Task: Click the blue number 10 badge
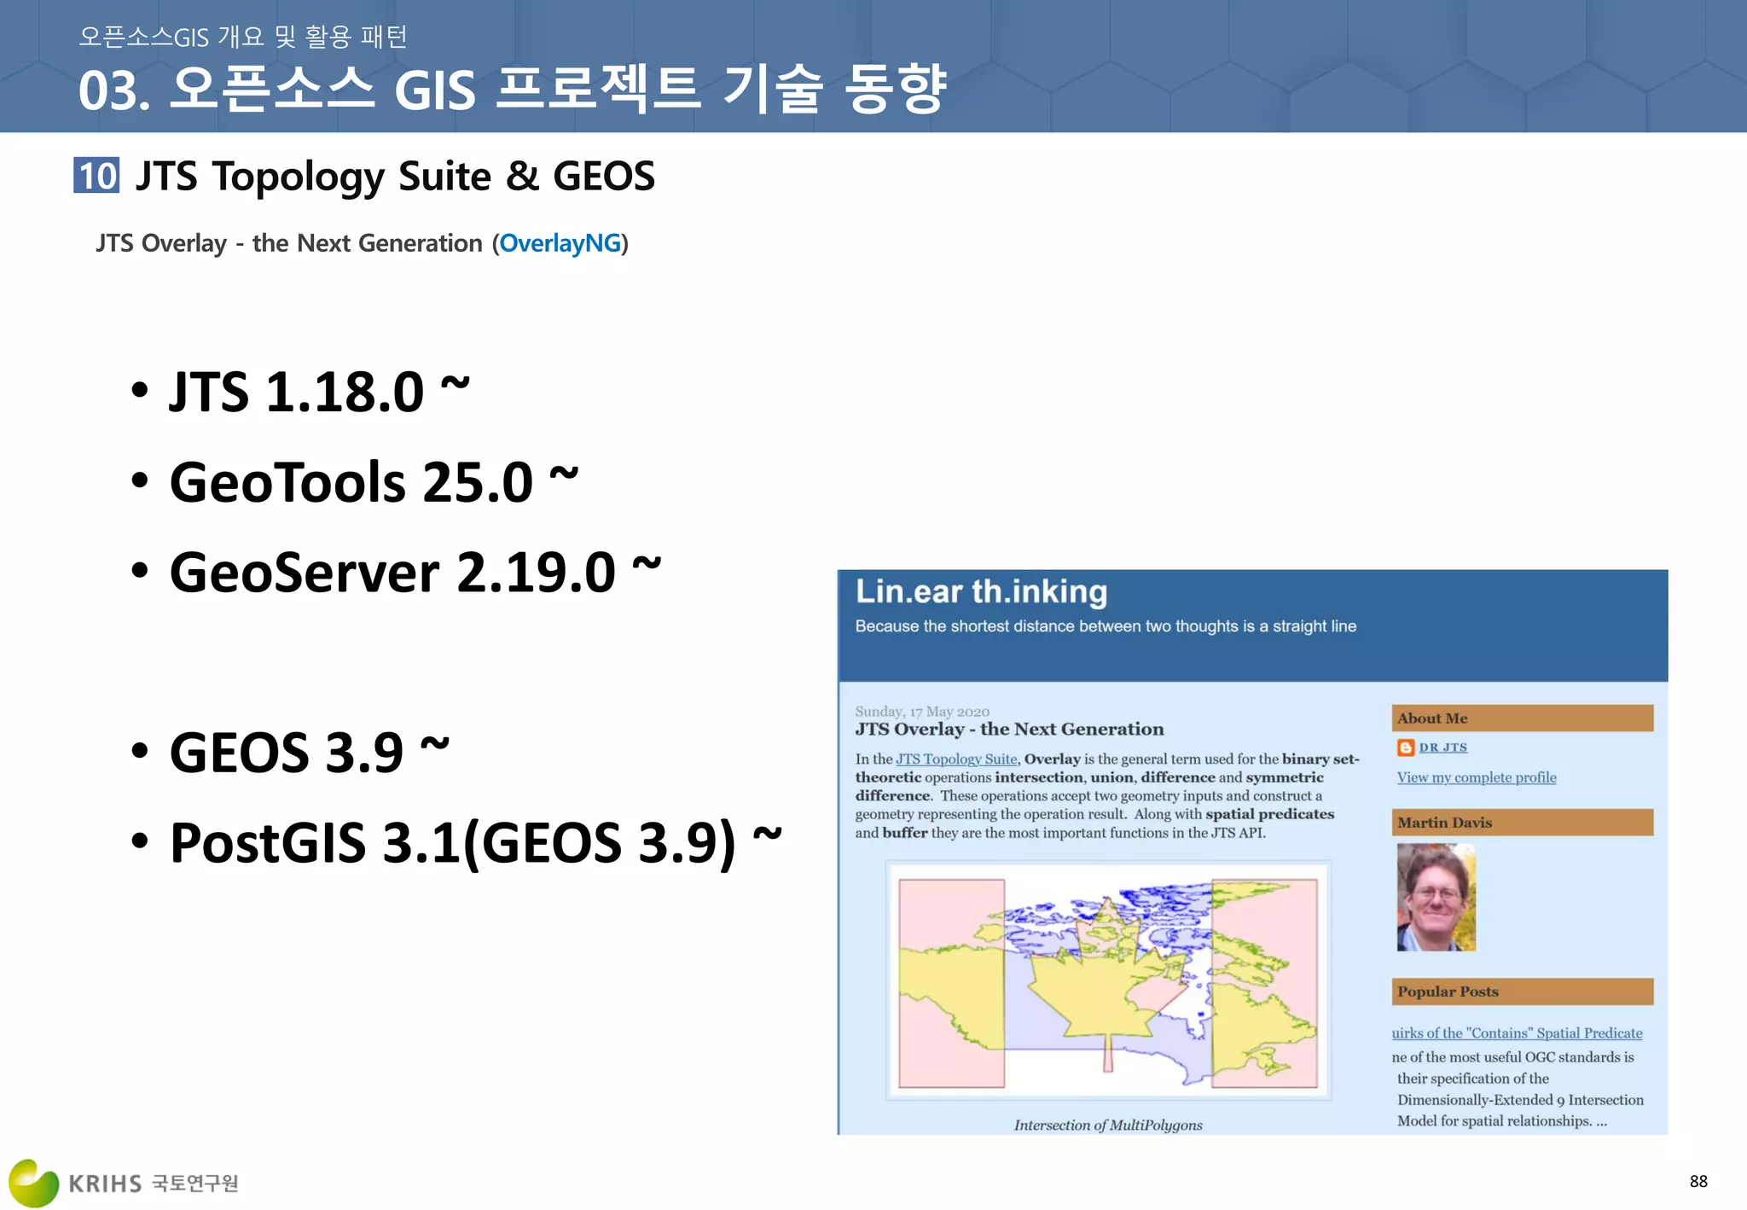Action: [96, 176]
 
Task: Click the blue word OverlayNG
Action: [560, 243]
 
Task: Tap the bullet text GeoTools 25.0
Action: [351, 482]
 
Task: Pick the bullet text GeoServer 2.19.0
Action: [392, 572]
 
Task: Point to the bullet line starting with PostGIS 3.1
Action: [452, 843]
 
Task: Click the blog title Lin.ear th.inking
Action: [981, 592]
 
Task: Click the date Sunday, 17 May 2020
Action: [922, 712]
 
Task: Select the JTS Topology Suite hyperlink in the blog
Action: [956, 759]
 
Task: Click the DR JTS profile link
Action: [1442, 748]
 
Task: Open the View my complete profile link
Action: [1477, 777]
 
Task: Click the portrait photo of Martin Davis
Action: [1436, 897]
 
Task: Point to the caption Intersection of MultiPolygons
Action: [1108, 1125]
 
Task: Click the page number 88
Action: [1698, 1181]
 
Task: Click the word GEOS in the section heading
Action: [604, 177]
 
